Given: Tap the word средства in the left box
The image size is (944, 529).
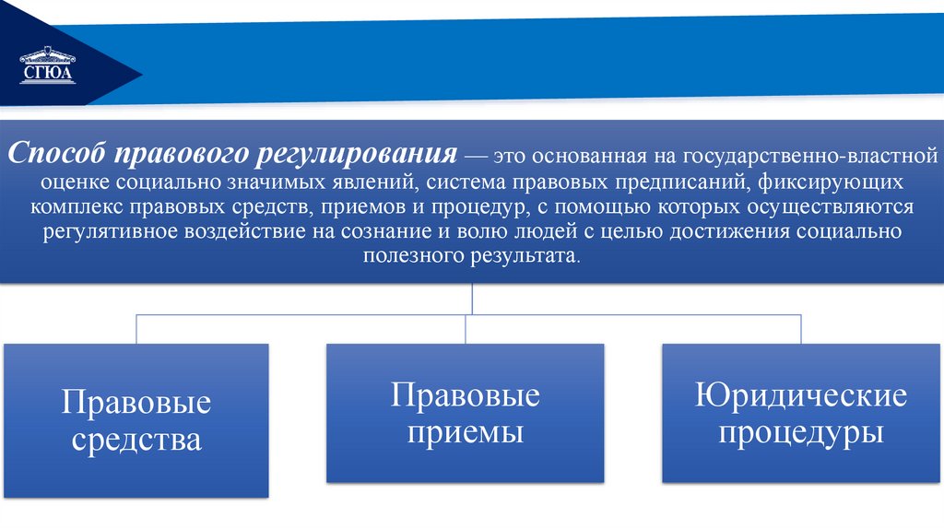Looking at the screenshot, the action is click(136, 439).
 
